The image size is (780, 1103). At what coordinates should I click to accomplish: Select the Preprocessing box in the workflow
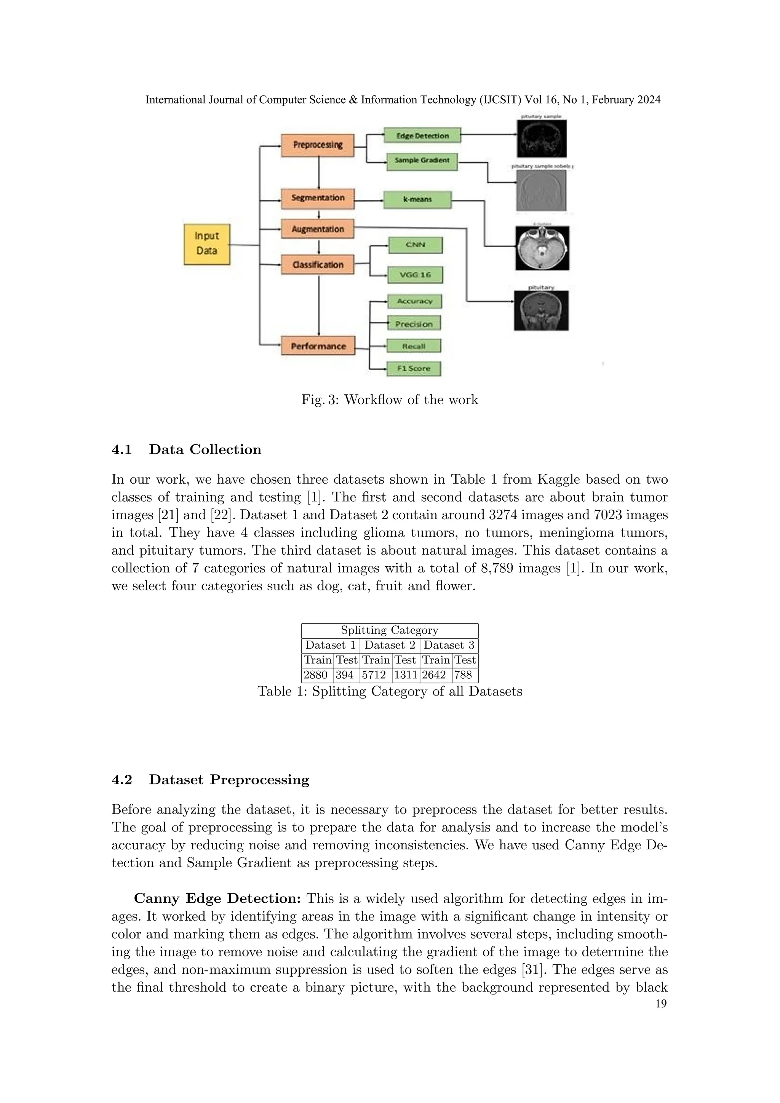[x=318, y=145]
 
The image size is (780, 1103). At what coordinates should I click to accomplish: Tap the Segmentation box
[x=318, y=198]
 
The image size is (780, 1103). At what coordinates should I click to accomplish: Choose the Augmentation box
[x=318, y=229]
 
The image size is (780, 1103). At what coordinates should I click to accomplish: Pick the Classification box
[x=318, y=265]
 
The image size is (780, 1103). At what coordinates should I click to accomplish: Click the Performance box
[x=318, y=346]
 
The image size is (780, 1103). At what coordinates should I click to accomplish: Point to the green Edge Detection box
[x=422, y=136]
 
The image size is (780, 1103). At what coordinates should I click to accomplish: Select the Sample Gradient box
[x=422, y=160]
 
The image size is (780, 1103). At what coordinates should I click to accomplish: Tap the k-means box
[x=417, y=199]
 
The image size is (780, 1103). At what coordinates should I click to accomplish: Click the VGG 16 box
[x=416, y=275]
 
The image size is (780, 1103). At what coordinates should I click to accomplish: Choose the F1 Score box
[x=414, y=368]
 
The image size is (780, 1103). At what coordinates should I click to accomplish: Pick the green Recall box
[x=414, y=346]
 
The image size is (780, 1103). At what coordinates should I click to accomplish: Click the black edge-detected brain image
[x=541, y=138]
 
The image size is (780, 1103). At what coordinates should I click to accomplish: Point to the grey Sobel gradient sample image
[x=541, y=190]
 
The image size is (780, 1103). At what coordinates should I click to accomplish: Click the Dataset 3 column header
[x=449, y=645]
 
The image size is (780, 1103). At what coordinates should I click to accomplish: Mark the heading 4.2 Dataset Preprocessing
[x=210, y=779]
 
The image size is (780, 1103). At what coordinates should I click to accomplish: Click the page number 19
[x=661, y=1004]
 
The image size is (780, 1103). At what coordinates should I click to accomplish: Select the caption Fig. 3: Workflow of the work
[x=390, y=400]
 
